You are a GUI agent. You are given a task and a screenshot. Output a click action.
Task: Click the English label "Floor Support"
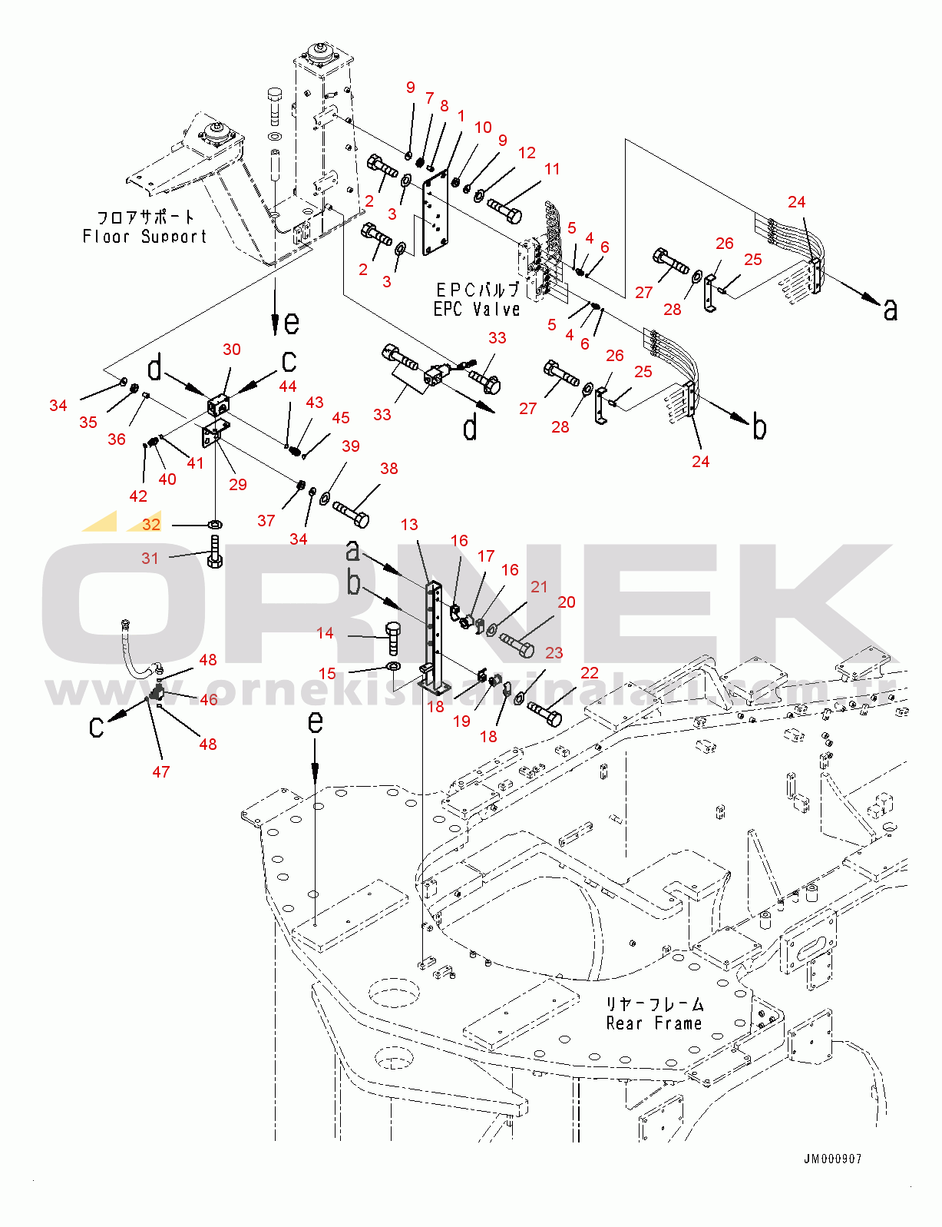(144, 237)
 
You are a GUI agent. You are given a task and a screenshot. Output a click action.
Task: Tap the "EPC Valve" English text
(477, 309)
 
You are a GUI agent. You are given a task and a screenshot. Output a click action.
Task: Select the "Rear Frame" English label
(654, 1023)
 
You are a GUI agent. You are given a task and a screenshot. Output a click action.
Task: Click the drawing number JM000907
(833, 1159)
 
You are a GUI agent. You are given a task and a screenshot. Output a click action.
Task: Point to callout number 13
(409, 525)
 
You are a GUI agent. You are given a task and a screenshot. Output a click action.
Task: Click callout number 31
(150, 559)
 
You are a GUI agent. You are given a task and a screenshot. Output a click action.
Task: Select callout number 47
(160, 771)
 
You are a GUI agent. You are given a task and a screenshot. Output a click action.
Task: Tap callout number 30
(231, 350)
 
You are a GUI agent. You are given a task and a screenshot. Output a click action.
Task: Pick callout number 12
(527, 153)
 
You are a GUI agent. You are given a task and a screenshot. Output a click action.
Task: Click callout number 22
(589, 673)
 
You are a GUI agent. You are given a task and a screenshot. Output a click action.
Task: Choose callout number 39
(350, 446)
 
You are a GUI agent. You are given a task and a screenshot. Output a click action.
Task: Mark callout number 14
(325, 633)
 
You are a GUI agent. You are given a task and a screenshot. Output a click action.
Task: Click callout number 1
(461, 116)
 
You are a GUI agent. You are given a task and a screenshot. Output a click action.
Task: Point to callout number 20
(566, 602)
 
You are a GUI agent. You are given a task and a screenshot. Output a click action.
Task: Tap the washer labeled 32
(216, 525)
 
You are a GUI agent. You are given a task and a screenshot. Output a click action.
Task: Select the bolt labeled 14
(393, 637)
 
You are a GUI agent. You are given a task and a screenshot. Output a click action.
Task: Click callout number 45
(340, 418)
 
